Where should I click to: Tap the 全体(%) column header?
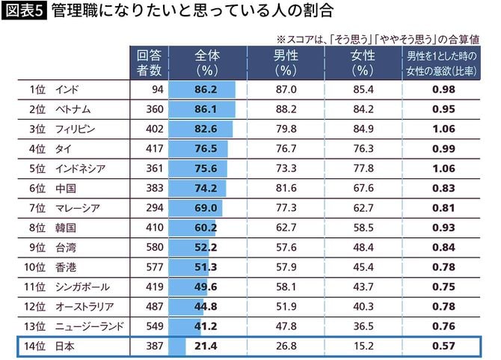[206, 62]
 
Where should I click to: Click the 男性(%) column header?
[286, 62]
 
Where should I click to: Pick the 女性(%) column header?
[363, 62]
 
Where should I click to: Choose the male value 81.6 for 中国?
[286, 188]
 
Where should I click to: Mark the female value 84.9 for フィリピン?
[363, 129]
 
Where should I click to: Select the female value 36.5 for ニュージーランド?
[363, 326]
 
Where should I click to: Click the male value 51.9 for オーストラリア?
[286, 306]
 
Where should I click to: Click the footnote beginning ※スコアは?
[378, 37]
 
